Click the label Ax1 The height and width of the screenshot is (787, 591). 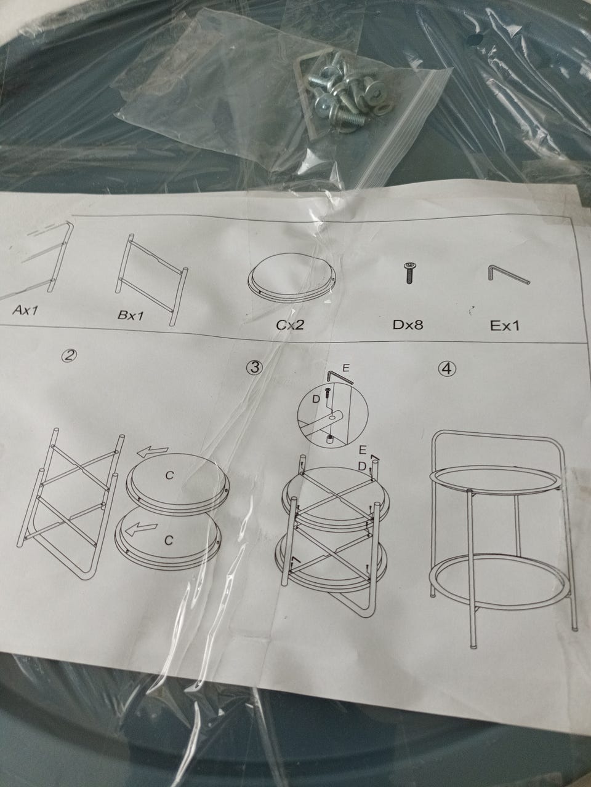(25, 310)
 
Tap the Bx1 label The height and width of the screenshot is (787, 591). (131, 315)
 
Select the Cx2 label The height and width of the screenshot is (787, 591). (289, 324)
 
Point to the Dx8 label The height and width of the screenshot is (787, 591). (408, 324)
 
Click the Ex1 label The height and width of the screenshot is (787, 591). (505, 325)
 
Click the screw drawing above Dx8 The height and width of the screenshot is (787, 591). (408, 273)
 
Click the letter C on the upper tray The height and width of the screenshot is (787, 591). (169, 475)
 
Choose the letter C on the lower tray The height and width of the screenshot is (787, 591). (169, 540)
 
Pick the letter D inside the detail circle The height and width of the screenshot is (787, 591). (316, 399)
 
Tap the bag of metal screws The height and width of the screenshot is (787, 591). (345, 90)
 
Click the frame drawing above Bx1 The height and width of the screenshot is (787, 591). (151, 279)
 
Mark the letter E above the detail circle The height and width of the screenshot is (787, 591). (346, 368)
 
